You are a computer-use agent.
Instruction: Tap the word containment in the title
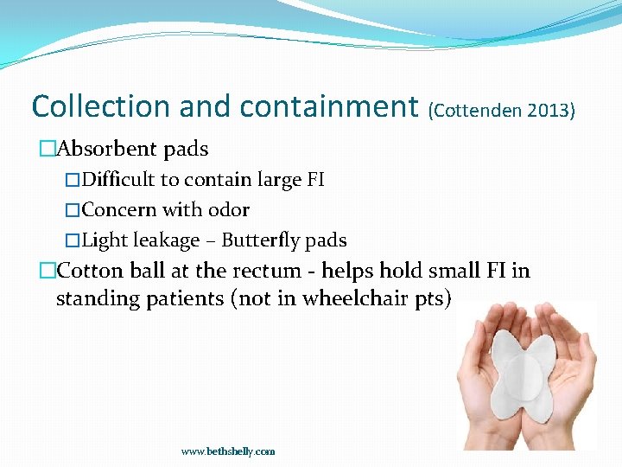click(329, 106)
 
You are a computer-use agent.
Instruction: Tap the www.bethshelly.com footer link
click(228, 451)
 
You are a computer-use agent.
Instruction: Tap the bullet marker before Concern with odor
click(73, 210)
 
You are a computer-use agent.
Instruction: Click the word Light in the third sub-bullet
click(104, 240)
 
